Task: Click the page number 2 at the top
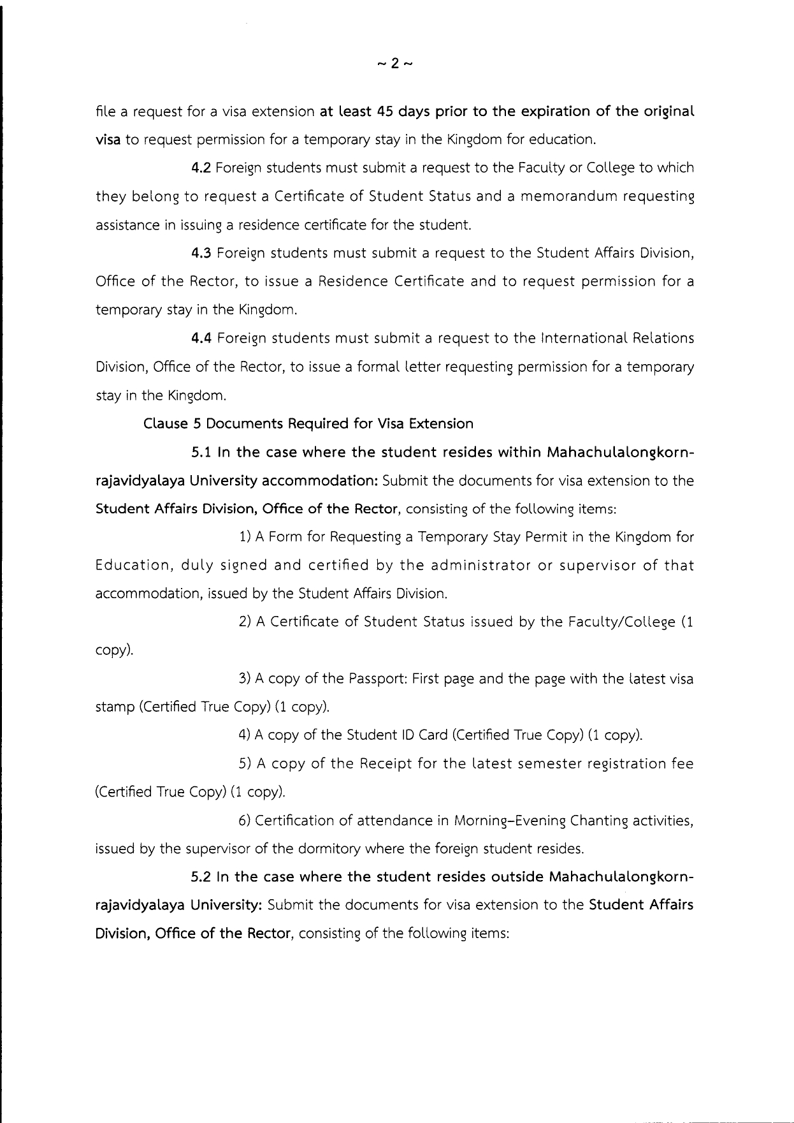tap(395, 63)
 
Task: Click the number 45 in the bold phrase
tap(384, 112)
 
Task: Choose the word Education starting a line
tap(133, 566)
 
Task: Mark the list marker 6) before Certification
tap(245, 821)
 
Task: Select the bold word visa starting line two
tap(108, 140)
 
